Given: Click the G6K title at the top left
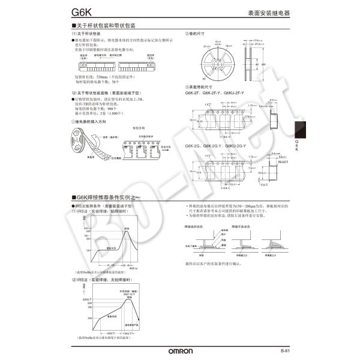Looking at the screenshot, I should [x=80, y=11].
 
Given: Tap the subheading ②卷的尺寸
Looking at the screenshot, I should [x=197, y=34].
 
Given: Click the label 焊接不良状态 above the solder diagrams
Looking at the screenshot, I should [x=241, y=227].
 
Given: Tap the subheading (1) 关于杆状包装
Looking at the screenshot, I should [x=85, y=34].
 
